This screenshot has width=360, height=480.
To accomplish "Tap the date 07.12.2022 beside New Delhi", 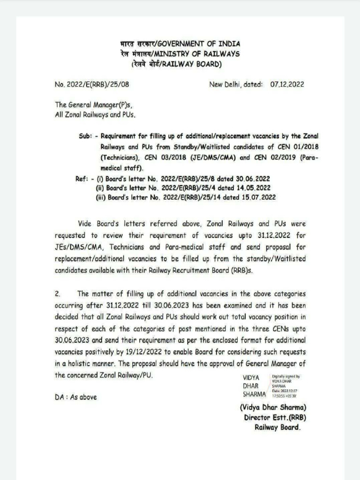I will click(x=287, y=85).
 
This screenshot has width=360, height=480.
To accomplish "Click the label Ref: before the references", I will click(x=83, y=179).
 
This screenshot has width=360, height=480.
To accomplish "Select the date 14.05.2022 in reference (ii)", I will click(x=254, y=188).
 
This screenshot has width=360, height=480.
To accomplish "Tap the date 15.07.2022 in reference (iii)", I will click(x=258, y=197).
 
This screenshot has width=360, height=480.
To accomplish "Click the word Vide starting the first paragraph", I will click(x=86, y=224).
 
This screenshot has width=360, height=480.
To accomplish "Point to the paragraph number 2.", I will click(x=58, y=294).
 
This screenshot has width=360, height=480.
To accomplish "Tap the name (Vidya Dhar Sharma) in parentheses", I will click(x=273, y=407).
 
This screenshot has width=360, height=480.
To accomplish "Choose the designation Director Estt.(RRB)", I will click(x=275, y=417).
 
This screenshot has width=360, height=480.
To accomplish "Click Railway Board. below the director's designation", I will click(x=277, y=427).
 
